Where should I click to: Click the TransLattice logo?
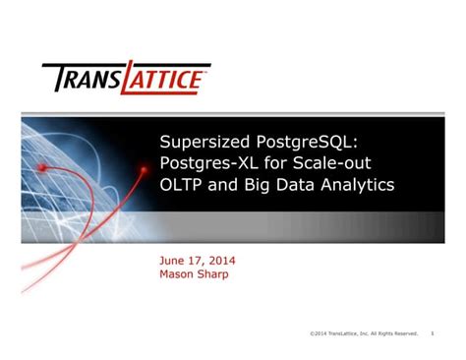click(125, 77)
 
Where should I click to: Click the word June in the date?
click(173, 261)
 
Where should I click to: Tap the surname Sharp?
click(216, 274)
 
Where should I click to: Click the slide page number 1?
click(433, 333)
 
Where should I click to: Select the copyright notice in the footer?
click(364, 333)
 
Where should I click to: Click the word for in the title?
click(284, 162)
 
